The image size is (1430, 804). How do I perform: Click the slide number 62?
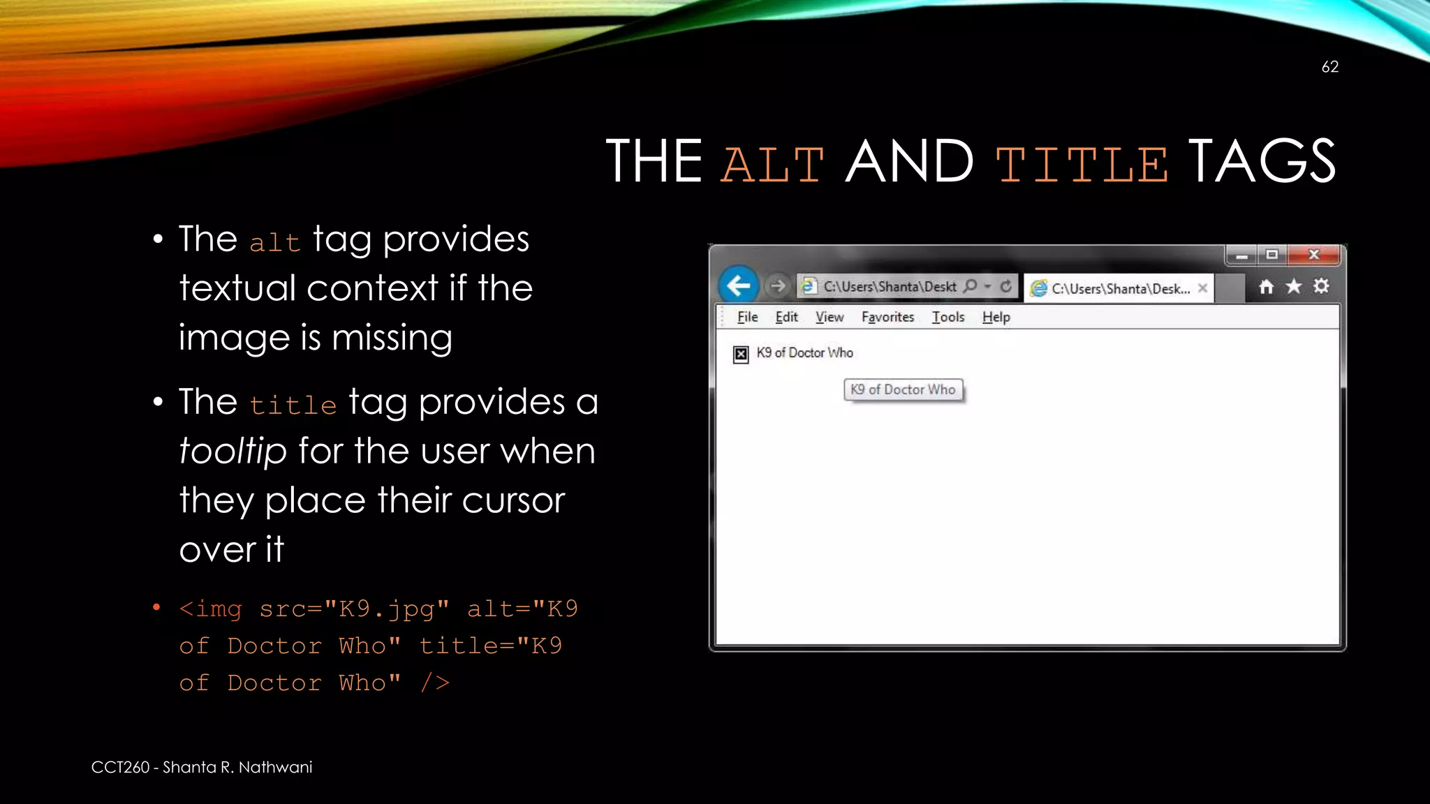coord(1329,67)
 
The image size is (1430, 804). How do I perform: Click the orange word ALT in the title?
coord(772,163)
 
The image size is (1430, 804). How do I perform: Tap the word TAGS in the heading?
coord(1262,162)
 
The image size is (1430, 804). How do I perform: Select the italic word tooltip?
coord(233,451)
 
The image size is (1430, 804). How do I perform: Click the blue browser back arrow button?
coord(738,285)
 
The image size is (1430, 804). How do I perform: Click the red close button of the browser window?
coord(1313,255)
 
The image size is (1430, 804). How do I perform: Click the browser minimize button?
coord(1241,255)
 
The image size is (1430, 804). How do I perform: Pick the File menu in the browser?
coord(747,317)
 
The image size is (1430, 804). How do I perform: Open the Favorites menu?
coord(887,317)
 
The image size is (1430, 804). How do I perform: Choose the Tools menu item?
coord(948,317)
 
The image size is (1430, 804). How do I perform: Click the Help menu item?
coord(996,317)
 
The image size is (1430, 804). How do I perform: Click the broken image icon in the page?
coord(741,355)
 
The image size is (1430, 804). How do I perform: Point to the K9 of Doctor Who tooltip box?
coord(903,389)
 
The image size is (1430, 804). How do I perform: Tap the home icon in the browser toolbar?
coord(1266,287)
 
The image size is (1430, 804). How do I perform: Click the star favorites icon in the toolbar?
coord(1293,286)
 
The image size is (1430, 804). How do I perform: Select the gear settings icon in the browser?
coord(1320,286)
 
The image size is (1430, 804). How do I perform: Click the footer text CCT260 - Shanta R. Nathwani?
coord(202,767)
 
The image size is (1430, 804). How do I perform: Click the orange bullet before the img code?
coord(156,608)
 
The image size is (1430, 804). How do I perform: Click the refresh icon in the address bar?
coord(1005,286)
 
